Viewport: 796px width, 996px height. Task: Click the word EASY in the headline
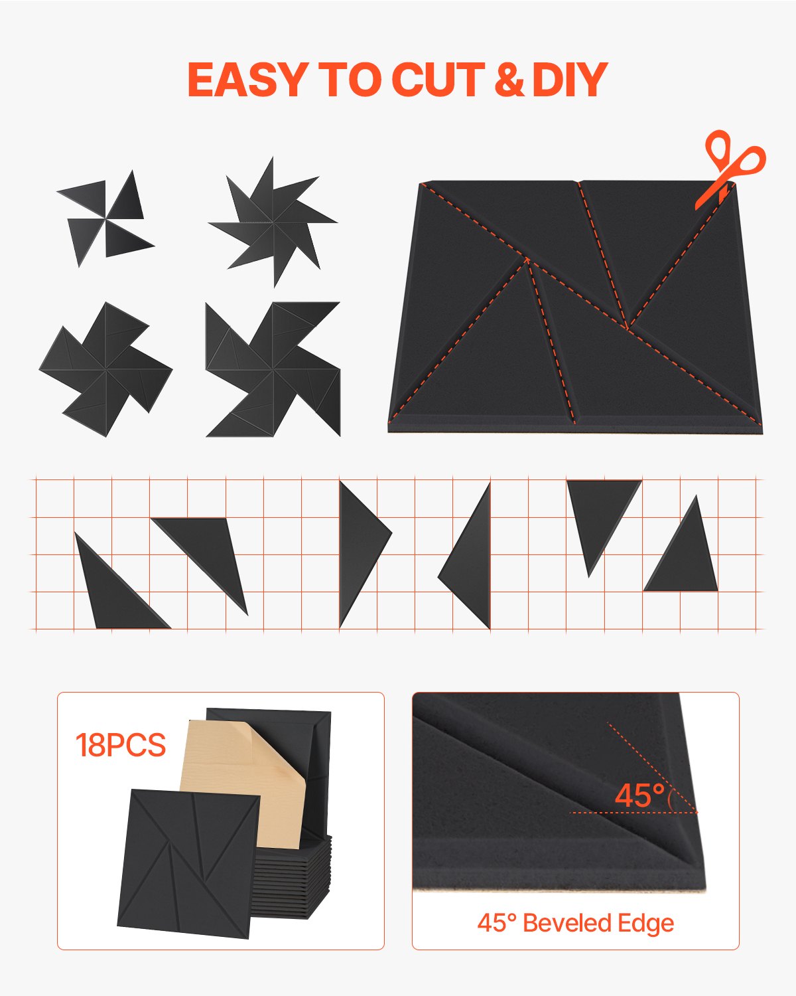coord(245,80)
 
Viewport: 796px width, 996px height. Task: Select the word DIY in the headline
coord(570,80)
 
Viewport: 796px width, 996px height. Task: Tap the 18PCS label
coord(120,745)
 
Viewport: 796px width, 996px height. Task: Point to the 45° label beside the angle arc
coord(639,795)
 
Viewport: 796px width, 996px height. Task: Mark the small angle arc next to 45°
coord(671,797)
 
